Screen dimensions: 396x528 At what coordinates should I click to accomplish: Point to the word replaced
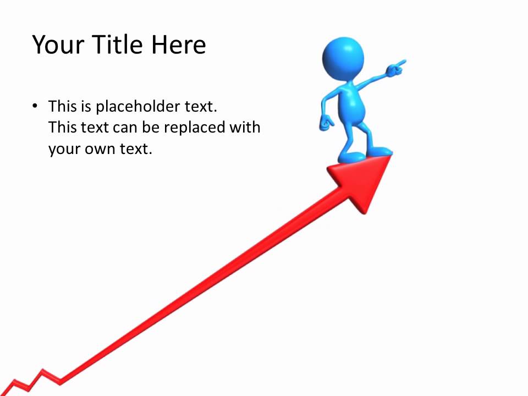tap(195, 128)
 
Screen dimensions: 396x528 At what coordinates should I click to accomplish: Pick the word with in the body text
tap(246, 128)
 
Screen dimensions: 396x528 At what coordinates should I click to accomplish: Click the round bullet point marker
tap(35, 106)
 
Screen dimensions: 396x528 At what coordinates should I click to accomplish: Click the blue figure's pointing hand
tap(395, 68)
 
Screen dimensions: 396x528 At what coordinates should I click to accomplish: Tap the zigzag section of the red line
tap(33, 380)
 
